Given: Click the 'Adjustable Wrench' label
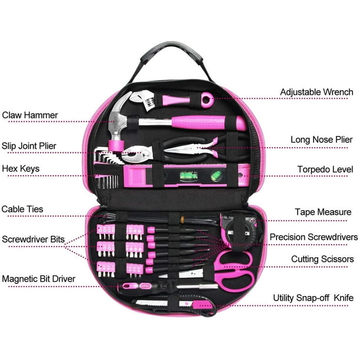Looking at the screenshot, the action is (x=316, y=92).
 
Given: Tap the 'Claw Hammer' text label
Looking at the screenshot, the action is (x=30, y=115).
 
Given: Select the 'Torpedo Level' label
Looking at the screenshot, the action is (x=325, y=169).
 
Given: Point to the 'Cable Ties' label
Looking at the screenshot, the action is (x=22, y=209).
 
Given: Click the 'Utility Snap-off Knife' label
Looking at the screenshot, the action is (x=313, y=298).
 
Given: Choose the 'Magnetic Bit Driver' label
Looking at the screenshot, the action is (x=39, y=279).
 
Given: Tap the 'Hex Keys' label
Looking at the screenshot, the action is (x=21, y=169).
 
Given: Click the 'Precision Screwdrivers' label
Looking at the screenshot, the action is (x=314, y=237).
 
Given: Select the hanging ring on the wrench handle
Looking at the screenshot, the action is (x=207, y=99).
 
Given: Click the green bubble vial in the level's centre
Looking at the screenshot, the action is (x=189, y=176).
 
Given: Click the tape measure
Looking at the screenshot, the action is (x=240, y=231).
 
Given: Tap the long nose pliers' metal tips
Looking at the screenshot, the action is (x=178, y=151).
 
